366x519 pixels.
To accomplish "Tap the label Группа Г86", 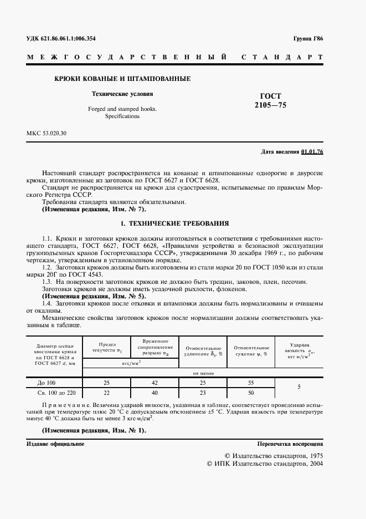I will (308, 39).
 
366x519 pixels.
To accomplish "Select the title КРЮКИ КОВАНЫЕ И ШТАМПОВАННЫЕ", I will (122, 79).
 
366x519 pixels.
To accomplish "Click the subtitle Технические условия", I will (122, 94).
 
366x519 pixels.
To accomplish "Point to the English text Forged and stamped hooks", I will (122, 109).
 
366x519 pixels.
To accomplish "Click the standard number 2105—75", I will (270, 105).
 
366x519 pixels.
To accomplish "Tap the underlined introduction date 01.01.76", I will (312, 151).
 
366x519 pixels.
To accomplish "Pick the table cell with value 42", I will (155, 383).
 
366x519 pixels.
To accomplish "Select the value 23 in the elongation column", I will (203, 393).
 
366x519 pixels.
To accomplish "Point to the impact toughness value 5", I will (299, 388).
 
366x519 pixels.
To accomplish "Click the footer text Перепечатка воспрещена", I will (290, 444).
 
